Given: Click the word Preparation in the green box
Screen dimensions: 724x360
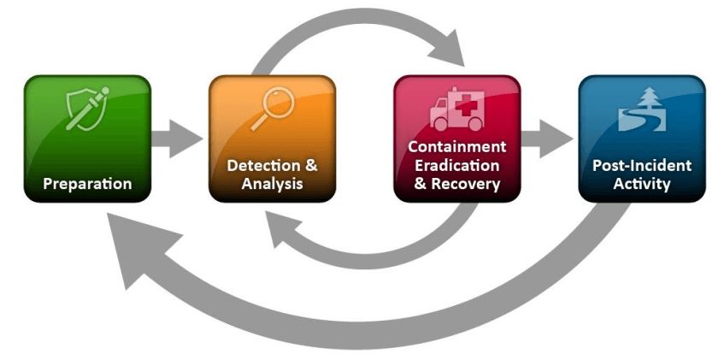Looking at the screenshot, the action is pyautogui.click(x=87, y=184).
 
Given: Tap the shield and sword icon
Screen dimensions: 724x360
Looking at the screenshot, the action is pyautogui.click(x=88, y=109).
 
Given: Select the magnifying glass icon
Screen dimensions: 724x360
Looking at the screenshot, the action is pyautogui.click(x=273, y=109).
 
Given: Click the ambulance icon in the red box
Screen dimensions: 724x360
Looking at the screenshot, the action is pyautogui.click(x=457, y=109).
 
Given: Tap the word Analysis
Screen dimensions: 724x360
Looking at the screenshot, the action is pyautogui.click(x=273, y=184).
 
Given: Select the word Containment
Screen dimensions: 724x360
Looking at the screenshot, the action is pyautogui.click(x=457, y=146).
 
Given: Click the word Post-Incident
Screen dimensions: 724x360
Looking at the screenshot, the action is pyautogui.click(x=642, y=165).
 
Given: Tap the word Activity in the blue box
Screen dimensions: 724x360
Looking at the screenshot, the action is pyautogui.click(x=642, y=184).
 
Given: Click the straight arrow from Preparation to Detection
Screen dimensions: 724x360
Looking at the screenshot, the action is pyautogui.click(x=177, y=139).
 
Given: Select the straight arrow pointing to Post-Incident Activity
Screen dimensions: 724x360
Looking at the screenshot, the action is pyautogui.click(x=547, y=139).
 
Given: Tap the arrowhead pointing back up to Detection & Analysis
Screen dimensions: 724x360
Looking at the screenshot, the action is pyautogui.click(x=283, y=227).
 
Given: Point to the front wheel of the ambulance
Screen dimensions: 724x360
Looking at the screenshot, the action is pyautogui.click(x=440, y=124).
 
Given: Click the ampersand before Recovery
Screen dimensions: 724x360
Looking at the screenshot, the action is pyautogui.click(x=420, y=184).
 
